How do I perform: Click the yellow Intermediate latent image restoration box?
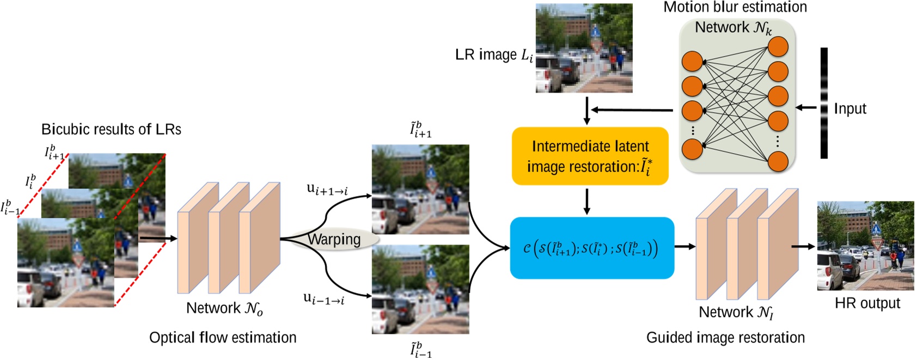[590, 156]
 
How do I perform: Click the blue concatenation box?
[592, 248]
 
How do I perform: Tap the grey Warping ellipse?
[334, 240]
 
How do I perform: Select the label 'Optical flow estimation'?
[223, 338]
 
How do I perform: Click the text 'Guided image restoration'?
[725, 338]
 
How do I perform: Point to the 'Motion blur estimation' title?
[735, 7]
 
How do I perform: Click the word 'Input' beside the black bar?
[850, 108]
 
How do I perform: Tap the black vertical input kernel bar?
[824, 103]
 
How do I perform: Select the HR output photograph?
[865, 246]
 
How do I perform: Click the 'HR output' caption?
[867, 303]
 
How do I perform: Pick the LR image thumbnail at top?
[584, 48]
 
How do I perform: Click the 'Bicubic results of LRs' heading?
[111, 130]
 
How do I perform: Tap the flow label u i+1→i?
[327, 190]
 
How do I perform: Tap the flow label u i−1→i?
[324, 298]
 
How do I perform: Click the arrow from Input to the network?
[807, 108]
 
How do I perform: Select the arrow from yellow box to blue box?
[587, 202]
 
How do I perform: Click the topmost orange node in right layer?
[778, 47]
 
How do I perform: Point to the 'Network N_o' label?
[224, 309]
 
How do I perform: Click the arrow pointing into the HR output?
[803, 247]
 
